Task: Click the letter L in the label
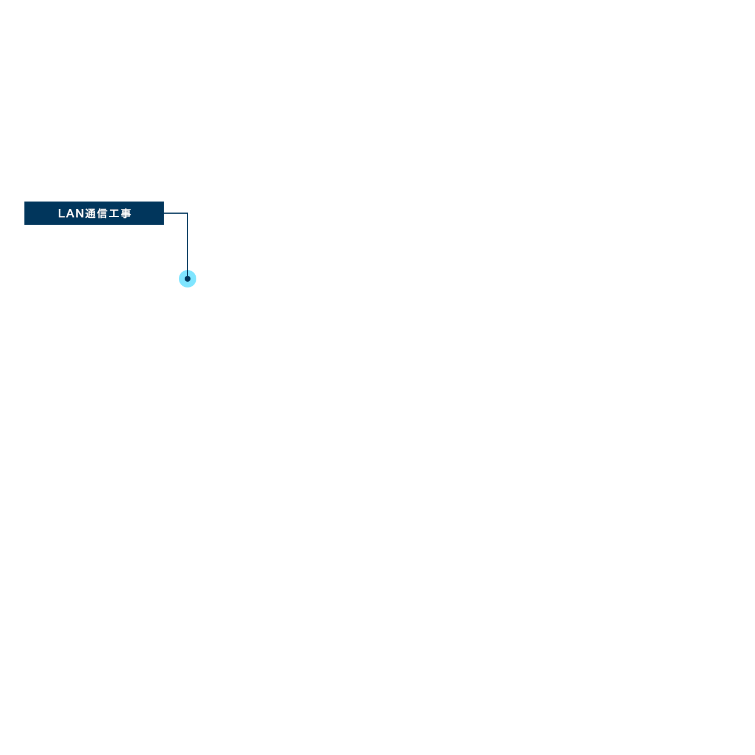[x=62, y=214]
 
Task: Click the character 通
[x=91, y=214]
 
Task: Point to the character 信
[x=102, y=214]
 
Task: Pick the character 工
[x=114, y=214]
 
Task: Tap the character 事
[x=126, y=214]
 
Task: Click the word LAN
[x=71, y=214]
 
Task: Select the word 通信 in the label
[x=96, y=214]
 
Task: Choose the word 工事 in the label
[x=120, y=214]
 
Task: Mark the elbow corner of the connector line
[x=187, y=213]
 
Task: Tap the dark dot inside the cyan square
[x=188, y=279]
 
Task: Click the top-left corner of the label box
[x=25, y=202]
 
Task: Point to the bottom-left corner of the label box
[x=25, y=225]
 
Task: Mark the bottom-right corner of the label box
[x=163, y=225]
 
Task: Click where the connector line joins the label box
[x=164, y=213]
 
